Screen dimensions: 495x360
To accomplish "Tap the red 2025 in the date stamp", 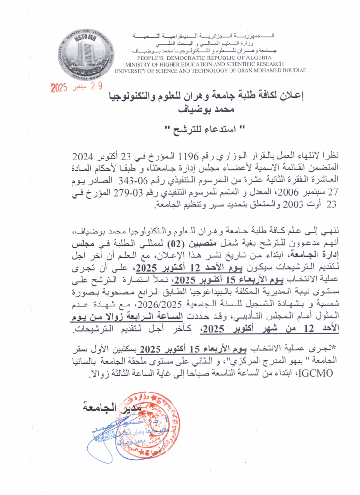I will pos(60,88).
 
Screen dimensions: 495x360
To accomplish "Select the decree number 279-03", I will pos(126,191).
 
